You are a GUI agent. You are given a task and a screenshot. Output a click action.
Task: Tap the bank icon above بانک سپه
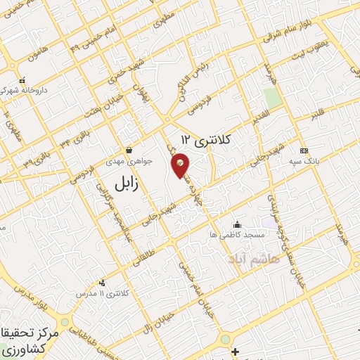coord(304,150)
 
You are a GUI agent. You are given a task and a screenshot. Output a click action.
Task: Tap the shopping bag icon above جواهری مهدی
coord(129,150)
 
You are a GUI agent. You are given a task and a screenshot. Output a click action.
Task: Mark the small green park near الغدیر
coord(273,98)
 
